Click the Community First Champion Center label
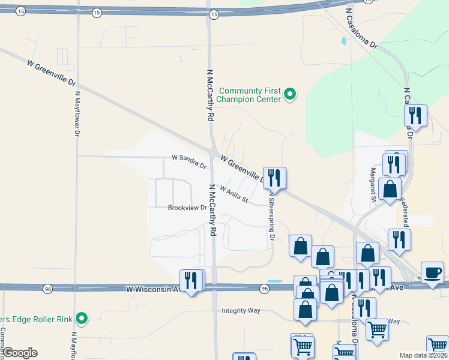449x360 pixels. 250,94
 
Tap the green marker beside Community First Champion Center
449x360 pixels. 291,94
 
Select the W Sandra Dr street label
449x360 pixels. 189,161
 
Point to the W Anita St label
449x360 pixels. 234,193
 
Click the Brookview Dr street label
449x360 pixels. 187,208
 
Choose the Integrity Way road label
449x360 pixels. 241,310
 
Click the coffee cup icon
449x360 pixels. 432,272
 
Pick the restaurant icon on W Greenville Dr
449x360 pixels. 274,178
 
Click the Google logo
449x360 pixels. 20,353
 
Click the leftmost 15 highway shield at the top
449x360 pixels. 20,11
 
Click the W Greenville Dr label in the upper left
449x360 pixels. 52,71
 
